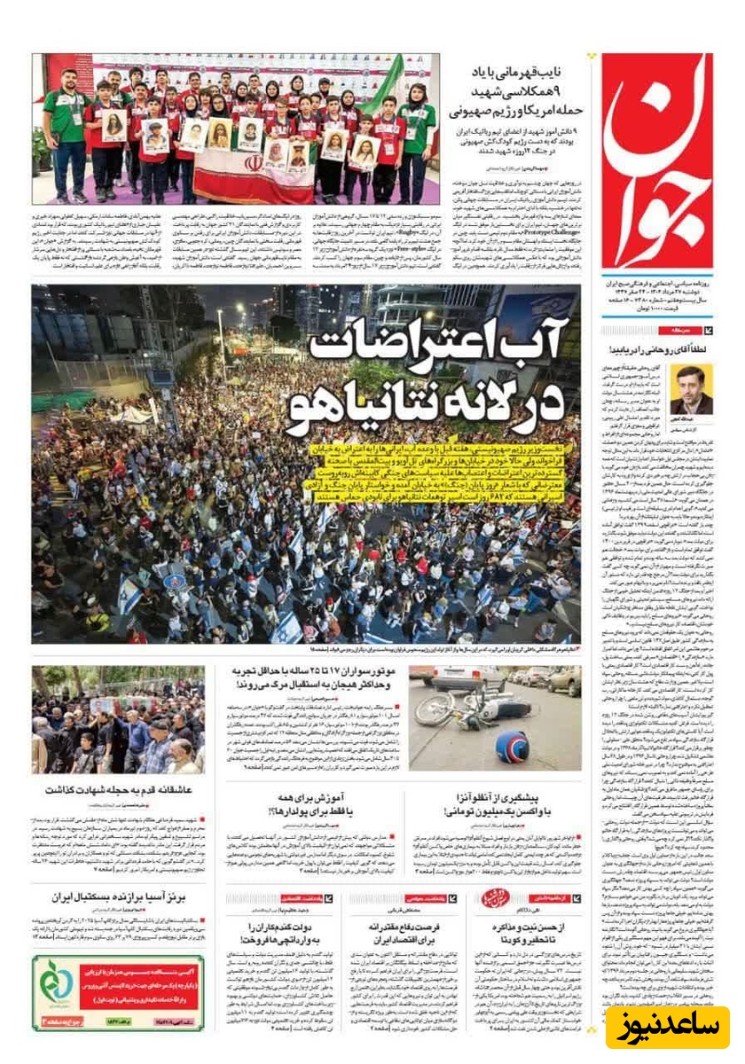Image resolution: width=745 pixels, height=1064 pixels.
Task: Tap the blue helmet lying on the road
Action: [513, 747]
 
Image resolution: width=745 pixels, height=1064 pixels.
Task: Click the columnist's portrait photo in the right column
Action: [691, 390]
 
